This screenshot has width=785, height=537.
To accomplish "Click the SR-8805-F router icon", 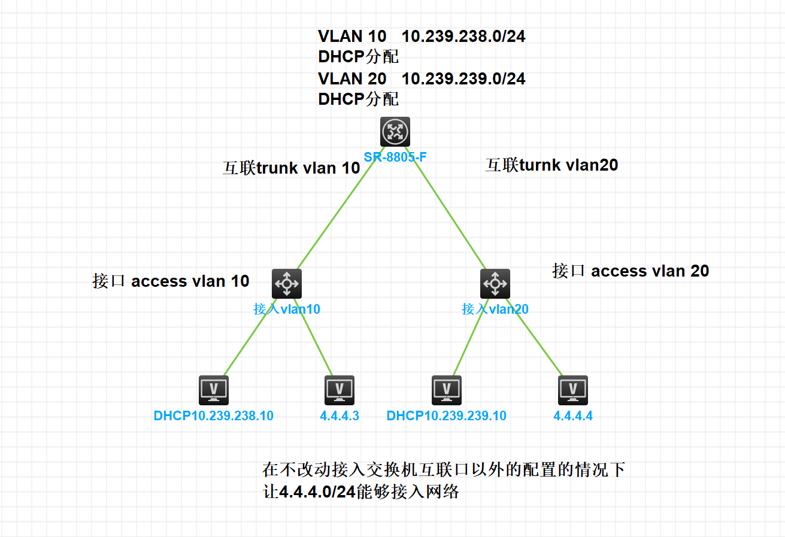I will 395,132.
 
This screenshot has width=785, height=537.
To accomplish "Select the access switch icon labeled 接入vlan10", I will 287,283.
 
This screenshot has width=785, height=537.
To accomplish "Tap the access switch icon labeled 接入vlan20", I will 495,283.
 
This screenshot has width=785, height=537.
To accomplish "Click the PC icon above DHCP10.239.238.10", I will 213,390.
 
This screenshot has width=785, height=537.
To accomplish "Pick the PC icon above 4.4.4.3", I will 340,390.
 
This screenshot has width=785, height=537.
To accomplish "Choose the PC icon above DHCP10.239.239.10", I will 447,390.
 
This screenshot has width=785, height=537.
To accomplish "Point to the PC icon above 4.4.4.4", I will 573,390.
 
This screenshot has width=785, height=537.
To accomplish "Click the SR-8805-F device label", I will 395,157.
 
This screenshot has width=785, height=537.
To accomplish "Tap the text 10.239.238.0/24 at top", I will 463,37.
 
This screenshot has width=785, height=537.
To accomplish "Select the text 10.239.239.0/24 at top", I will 463,78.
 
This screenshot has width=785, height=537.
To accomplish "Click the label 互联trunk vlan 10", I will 292,168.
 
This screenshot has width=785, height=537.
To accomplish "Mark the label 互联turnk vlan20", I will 551,165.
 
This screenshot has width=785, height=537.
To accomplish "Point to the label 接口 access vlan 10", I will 171,281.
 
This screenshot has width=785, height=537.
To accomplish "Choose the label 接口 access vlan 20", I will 631,271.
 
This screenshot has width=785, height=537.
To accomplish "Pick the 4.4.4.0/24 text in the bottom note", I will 317,492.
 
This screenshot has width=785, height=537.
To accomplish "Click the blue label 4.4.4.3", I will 340,415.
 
